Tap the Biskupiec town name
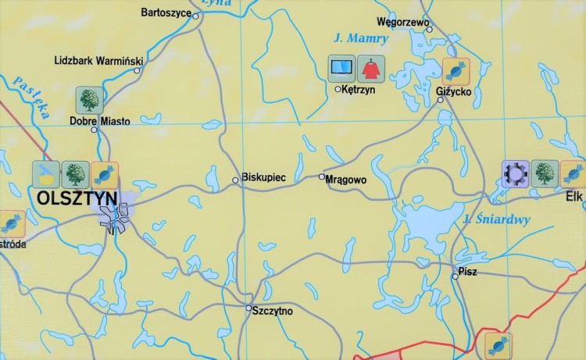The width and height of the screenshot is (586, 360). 264,178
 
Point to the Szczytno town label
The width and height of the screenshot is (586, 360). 272,311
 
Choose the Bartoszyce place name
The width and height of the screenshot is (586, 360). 166,12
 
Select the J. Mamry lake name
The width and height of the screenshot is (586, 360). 350,37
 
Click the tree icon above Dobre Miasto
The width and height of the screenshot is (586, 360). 89,100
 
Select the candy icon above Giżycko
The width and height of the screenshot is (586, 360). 456,72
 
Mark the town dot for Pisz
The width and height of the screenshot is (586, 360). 455,276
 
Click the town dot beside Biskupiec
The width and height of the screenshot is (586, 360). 235,180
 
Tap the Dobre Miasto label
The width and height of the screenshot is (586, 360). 99,121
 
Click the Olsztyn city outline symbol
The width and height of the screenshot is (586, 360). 117,216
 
